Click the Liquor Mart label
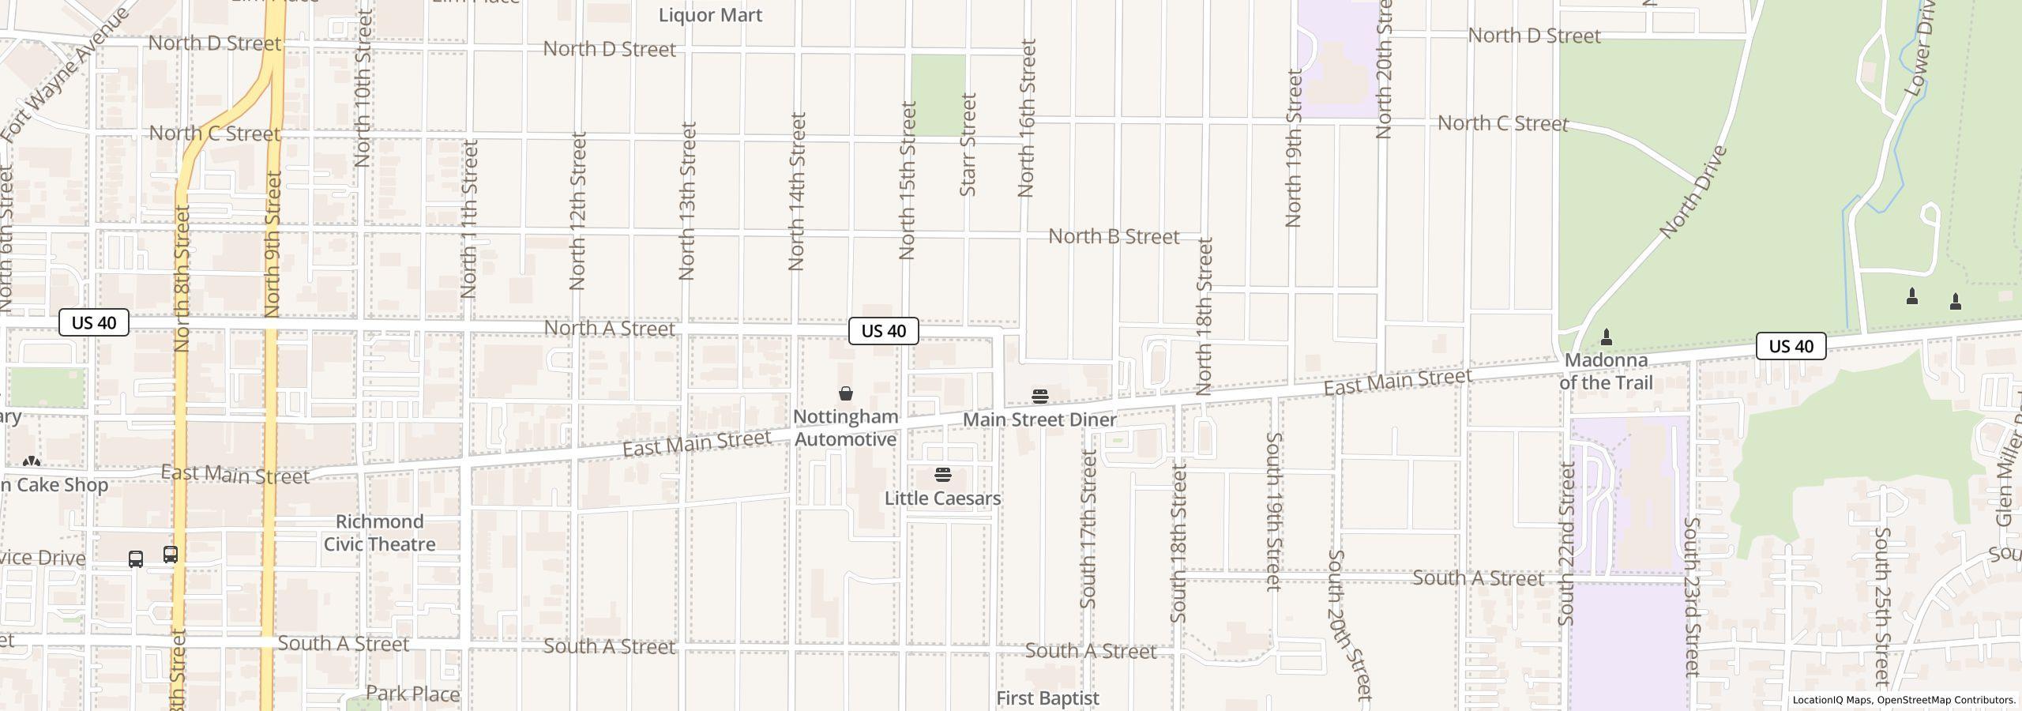(x=710, y=15)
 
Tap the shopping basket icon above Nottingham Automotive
(x=845, y=393)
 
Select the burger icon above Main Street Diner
(x=1039, y=396)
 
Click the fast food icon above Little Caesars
(x=942, y=475)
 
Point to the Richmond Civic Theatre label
(x=380, y=533)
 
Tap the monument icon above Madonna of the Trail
(x=1606, y=337)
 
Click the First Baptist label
(x=1047, y=698)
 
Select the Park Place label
(x=412, y=694)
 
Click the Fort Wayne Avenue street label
(x=65, y=75)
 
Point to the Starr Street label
(x=968, y=145)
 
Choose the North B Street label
(x=1114, y=236)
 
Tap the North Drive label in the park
(x=1693, y=193)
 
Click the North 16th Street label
(x=1027, y=118)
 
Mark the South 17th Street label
(x=1088, y=529)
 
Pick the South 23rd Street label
(x=1691, y=597)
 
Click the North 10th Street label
(x=363, y=88)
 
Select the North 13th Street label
(x=687, y=201)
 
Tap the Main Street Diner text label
(x=1039, y=419)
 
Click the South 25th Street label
(x=1881, y=607)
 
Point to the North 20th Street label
(x=1384, y=70)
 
